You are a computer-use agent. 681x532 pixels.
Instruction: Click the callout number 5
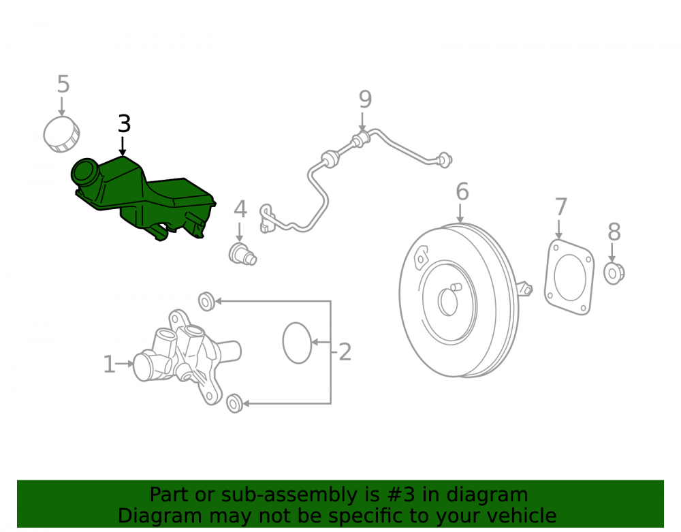pyautogui.click(x=63, y=84)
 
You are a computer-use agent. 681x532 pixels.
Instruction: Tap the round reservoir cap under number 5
pyautogui.click(x=62, y=134)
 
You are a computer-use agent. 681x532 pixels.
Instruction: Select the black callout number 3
pyautogui.click(x=124, y=124)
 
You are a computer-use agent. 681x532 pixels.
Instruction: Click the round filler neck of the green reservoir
pyautogui.click(x=85, y=172)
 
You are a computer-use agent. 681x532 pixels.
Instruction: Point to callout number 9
pyautogui.click(x=365, y=99)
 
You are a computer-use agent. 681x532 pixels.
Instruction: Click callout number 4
pyautogui.click(x=240, y=209)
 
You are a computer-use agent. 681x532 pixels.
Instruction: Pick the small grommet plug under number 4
pyautogui.click(x=242, y=254)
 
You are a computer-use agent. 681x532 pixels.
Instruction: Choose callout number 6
pyautogui.click(x=462, y=191)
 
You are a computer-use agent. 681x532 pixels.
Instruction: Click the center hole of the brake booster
pyautogui.click(x=448, y=301)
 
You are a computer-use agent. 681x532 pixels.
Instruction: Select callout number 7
pyautogui.click(x=561, y=206)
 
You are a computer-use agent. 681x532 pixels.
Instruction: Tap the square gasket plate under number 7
pyautogui.click(x=569, y=277)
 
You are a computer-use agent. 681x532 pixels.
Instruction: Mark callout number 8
pyautogui.click(x=614, y=232)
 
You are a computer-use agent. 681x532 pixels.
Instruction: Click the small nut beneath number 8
pyautogui.click(x=614, y=273)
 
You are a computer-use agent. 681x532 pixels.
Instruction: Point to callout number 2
pyautogui.click(x=345, y=351)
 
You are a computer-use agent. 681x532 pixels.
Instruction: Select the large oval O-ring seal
pyautogui.click(x=297, y=343)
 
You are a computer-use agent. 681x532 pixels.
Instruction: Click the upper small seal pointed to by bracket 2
pyautogui.click(x=207, y=301)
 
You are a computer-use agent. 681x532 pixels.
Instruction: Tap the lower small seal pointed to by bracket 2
pyautogui.click(x=235, y=403)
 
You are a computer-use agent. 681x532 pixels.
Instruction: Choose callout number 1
pyautogui.click(x=109, y=364)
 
